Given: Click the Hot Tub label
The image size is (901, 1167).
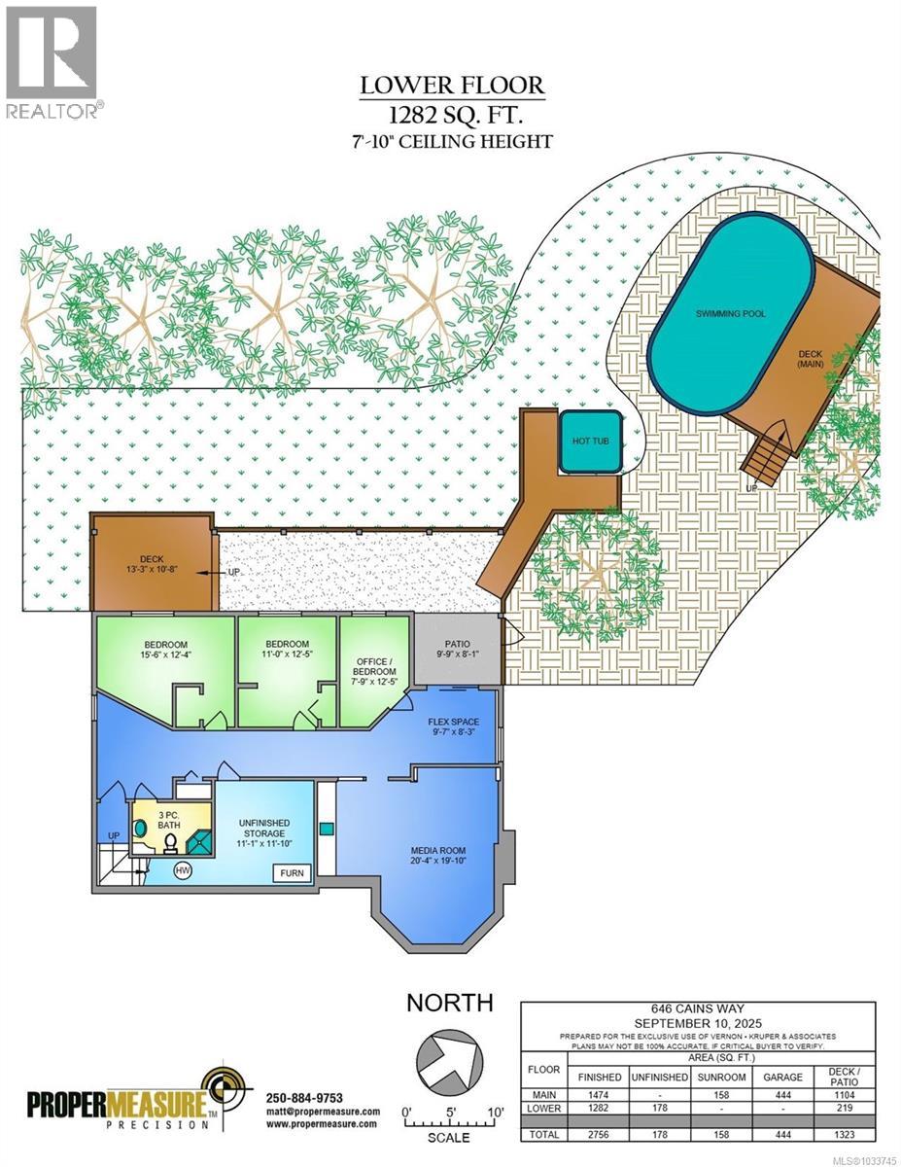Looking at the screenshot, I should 589,442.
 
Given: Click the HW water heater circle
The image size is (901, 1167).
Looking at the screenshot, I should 182,870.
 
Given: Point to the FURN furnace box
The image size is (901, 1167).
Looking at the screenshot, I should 293,872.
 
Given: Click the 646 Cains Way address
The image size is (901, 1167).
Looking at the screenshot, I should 700,1009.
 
